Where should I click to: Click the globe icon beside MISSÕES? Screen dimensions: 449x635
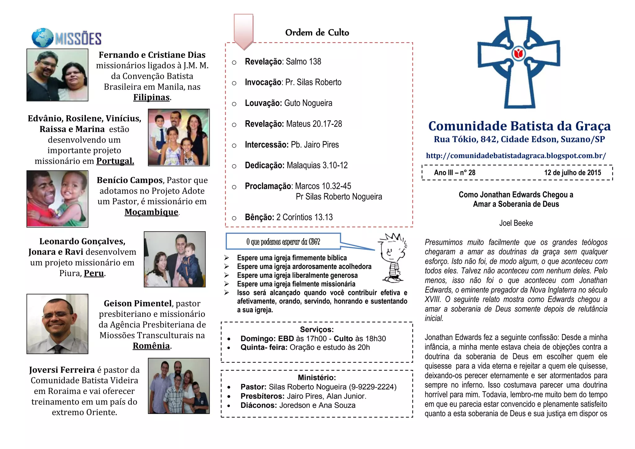coord(42,38)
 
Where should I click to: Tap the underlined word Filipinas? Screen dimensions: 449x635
coord(151,97)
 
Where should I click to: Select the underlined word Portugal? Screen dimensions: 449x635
coord(115,161)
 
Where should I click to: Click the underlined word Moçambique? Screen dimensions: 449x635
coord(151,212)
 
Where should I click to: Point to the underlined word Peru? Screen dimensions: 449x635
coord(94,273)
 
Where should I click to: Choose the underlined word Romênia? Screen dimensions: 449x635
coord(151,346)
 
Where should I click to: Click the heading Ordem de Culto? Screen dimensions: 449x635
coord(317,33)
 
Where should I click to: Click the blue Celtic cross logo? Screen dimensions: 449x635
coord(518,62)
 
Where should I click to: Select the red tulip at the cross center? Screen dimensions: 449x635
coord(518,54)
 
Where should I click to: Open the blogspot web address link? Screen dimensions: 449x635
coord(516,156)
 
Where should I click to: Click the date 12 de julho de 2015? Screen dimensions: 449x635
coord(572,173)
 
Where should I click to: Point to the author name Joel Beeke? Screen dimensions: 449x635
coord(516,223)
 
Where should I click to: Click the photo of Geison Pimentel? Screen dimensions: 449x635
coord(57,324)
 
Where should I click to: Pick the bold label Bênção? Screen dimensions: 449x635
coord(259,217)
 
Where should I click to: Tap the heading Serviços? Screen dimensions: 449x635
coord(317,329)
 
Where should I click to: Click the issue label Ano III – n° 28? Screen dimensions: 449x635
coord(455,173)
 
